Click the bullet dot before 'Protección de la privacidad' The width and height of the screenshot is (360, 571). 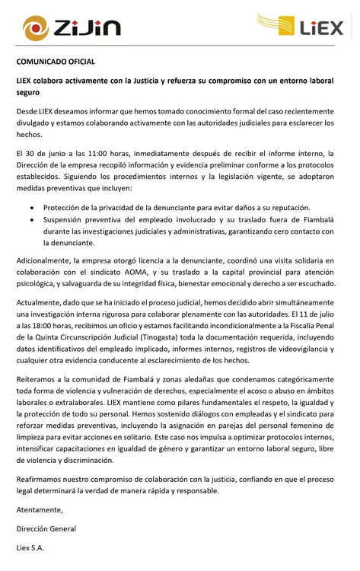[x=31, y=207]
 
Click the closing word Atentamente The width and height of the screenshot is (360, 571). [x=40, y=509]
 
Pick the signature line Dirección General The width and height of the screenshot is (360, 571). [x=46, y=528]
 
